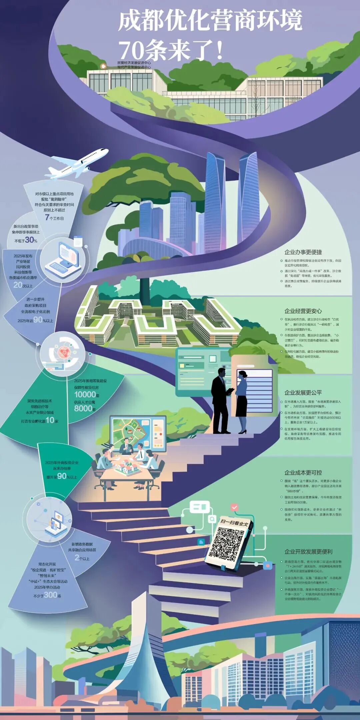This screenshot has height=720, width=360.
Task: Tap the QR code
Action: point(228,544)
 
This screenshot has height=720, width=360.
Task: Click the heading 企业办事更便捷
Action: point(303,252)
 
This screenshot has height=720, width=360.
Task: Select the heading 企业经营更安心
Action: point(303,311)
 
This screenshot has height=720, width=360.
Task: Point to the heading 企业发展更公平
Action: point(303,393)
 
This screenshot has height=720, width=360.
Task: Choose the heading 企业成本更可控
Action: point(303,473)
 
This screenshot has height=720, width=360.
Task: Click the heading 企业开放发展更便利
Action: point(308,552)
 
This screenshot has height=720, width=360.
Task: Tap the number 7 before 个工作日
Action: point(47,218)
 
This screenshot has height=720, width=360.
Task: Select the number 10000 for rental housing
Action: point(85,394)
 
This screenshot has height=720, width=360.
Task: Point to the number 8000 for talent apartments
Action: point(83,408)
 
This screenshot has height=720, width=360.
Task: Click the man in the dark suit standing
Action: point(221,400)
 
